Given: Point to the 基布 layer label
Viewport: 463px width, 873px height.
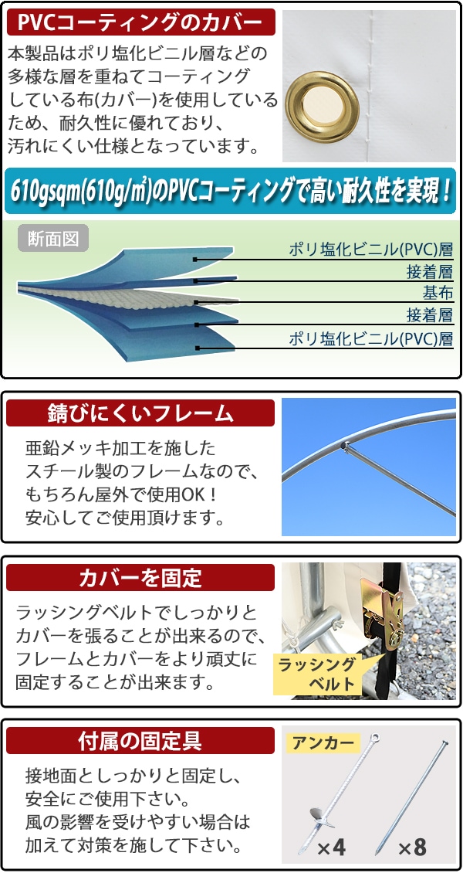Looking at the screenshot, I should pos(438,293).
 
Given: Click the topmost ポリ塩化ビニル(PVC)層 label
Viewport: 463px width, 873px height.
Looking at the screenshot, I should pos(370,250).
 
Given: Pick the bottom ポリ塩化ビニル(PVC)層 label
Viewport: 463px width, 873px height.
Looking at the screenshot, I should pos(370,338).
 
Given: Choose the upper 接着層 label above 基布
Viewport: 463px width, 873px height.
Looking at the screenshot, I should pos(430,271).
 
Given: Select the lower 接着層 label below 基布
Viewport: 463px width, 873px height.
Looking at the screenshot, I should pos(430,315).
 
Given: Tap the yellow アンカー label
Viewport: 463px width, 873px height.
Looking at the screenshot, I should pos(323,743).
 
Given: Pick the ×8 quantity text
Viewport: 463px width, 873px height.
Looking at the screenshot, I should pos(413,848).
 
